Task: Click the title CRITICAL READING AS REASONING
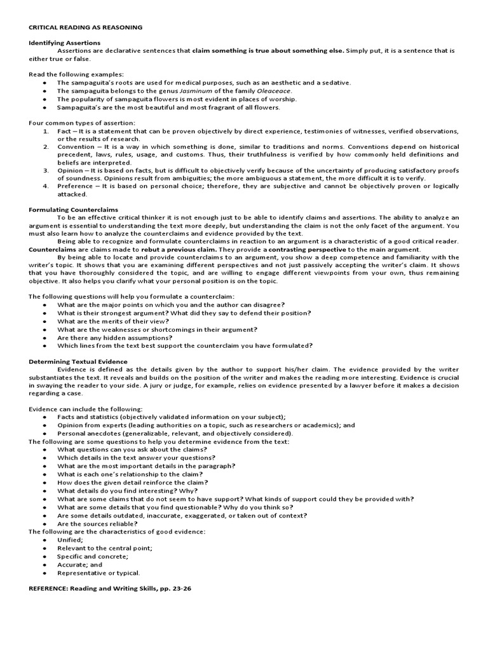click(85, 27)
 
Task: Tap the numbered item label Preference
click(74, 186)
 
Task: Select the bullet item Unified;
click(70, 540)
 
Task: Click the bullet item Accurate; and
click(79, 564)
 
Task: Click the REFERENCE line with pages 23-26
click(110, 589)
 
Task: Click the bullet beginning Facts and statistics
click(172, 416)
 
